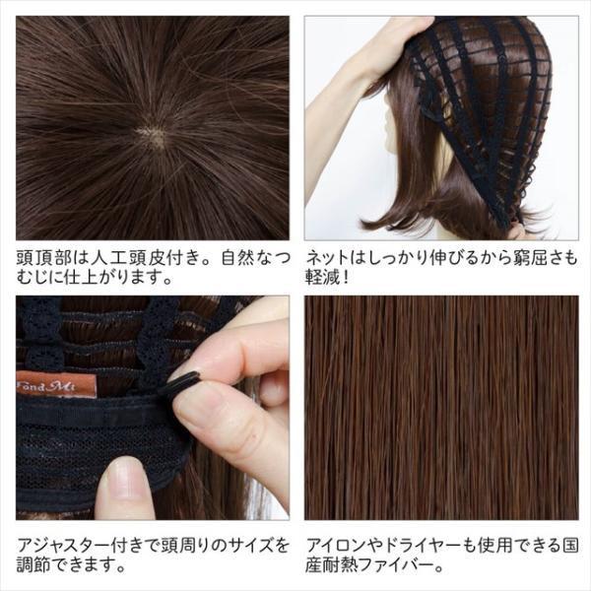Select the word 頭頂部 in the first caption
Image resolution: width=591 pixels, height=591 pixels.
[45, 258]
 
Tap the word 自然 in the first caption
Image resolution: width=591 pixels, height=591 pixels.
[239, 258]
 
